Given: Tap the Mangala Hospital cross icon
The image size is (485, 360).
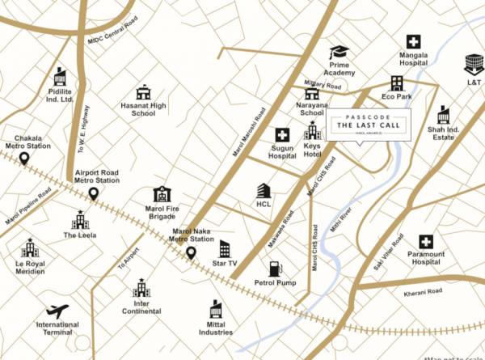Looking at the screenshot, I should point(413,42).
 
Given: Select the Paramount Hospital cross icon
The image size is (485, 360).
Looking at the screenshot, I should point(426,241).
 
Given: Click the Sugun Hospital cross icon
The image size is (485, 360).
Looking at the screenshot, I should point(282,135).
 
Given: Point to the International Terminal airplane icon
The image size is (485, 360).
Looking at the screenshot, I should point(57,311).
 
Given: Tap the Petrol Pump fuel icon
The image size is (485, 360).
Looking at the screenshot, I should point(276,269).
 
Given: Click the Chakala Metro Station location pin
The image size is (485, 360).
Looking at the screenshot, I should point(25,159).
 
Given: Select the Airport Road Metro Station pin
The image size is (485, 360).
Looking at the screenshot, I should point(94,194).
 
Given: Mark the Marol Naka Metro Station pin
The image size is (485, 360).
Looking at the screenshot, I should point(192,252).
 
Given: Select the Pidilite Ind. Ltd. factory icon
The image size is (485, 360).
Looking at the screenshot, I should point(59,77).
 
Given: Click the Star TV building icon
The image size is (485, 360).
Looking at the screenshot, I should point(225,249).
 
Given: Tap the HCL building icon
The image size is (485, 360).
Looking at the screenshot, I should point(264,191).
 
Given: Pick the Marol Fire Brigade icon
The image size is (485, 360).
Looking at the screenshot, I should point(162,194).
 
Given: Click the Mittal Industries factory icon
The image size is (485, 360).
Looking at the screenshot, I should point(216,309).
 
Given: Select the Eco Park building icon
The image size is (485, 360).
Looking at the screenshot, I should point(397,83).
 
